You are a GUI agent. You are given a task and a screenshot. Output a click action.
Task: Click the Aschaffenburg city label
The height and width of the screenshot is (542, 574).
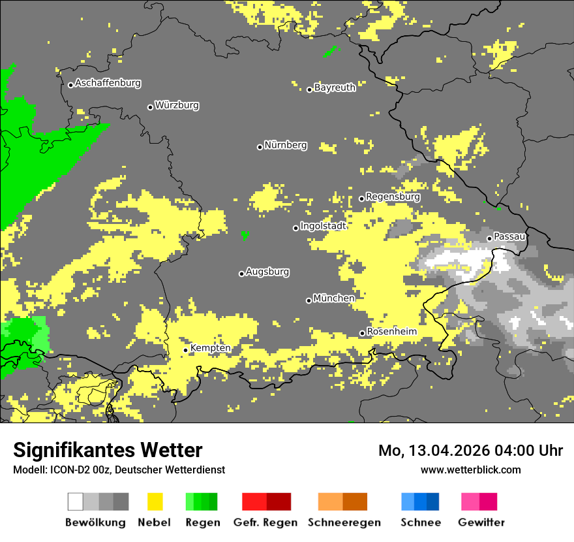tap(108, 84)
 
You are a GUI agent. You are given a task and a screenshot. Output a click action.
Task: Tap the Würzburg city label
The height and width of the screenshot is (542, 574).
tap(177, 106)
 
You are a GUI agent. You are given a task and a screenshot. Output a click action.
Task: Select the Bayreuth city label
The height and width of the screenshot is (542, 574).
tap(335, 88)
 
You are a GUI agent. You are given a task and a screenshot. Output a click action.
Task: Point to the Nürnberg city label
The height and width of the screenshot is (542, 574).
tap(285, 146)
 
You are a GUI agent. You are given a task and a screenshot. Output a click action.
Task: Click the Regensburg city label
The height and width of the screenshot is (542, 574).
tap(393, 197)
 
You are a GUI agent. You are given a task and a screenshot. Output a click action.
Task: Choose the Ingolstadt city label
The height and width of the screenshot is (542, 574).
tap(323, 226)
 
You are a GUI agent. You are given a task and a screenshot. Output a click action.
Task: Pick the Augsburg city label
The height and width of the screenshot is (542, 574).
tap(267, 272)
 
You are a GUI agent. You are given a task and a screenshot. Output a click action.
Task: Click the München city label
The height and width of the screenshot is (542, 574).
tap(334, 298)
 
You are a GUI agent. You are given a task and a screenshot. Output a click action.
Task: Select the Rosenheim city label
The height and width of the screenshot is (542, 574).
tap(391, 332)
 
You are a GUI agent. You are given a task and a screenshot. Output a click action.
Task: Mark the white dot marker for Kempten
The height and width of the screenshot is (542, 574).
tap(185, 350)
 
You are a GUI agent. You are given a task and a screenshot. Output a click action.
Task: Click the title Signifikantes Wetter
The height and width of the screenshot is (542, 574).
tap(108, 451)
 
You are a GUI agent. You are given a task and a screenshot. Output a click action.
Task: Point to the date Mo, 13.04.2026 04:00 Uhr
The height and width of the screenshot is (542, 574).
tap(470, 451)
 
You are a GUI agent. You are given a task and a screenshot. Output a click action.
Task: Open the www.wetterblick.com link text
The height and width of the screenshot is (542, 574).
tap(470, 470)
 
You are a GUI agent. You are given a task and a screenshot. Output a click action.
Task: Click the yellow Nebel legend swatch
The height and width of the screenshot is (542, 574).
tap(155, 502)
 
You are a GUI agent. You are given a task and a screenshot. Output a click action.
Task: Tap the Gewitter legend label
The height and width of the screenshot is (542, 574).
tap(481, 522)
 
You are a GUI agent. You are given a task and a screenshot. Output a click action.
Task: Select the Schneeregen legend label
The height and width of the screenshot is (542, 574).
tap(343, 522)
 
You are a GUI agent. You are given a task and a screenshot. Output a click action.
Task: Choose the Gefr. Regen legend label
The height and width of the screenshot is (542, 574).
tap(266, 522)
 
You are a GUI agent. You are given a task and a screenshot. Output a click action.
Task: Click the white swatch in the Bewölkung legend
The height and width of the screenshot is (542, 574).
tap(76, 502)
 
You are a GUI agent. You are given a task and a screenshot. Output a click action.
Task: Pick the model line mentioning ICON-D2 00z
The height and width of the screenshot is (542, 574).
tap(119, 470)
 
